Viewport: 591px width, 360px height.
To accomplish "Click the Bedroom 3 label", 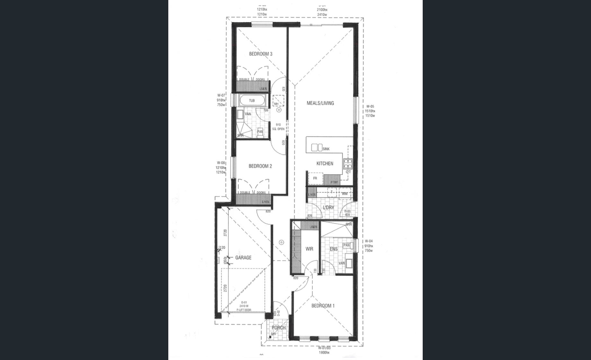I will [260, 54].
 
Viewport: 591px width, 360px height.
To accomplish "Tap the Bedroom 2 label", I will [260, 166].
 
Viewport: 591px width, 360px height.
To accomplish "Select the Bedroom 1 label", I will [323, 306].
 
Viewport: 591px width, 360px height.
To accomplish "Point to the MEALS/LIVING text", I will [320, 103].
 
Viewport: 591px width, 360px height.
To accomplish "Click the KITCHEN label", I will [325, 164].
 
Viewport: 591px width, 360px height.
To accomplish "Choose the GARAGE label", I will [243, 258].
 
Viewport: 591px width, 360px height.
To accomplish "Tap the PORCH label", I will [278, 328].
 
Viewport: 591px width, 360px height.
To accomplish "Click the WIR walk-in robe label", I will [309, 249].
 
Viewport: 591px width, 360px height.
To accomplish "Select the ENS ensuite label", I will [333, 249].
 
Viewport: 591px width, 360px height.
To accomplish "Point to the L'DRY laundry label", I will [328, 208].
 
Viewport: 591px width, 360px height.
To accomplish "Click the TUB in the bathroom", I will [252, 101].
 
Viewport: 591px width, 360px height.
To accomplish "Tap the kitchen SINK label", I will [326, 149].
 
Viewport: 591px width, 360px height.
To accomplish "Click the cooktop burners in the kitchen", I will [348, 164].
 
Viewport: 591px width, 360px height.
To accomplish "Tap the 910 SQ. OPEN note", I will [278, 127].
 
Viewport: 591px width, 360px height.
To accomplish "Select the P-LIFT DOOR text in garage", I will [244, 310].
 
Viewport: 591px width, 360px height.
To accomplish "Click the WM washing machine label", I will [345, 194].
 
